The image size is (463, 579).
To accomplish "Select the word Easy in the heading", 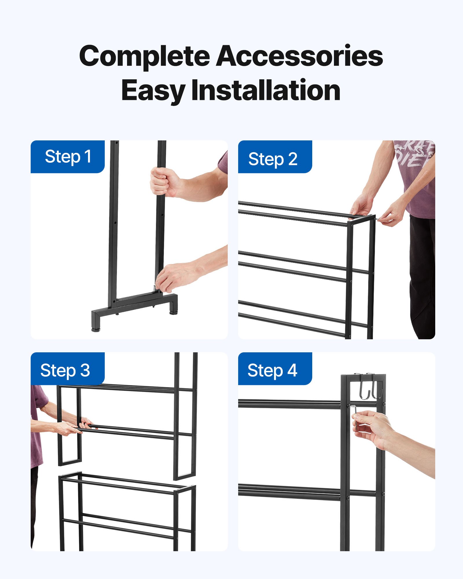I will pyautogui.click(x=153, y=91).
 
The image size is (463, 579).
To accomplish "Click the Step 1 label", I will pyautogui.click(x=68, y=157).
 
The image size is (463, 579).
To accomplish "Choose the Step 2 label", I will pyautogui.click(x=273, y=159).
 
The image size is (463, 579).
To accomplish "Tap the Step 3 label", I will pyautogui.click(x=65, y=370).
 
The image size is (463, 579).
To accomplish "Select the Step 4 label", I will pyautogui.click(x=272, y=370).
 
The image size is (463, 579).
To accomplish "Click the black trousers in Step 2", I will pyautogui.click(x=422, y=275).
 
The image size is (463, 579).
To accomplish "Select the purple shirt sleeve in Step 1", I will pyautogui.click(x=223, y=162).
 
